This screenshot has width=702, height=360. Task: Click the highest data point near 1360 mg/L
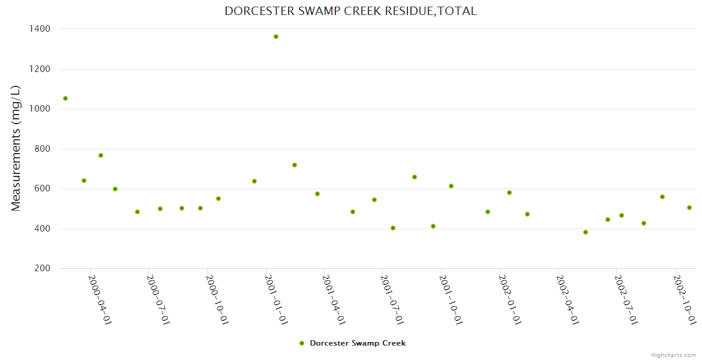(x=276, y=37)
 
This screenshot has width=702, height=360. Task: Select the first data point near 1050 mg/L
(x=65, y=98)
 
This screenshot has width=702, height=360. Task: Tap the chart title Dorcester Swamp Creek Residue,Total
(x=350, y=11)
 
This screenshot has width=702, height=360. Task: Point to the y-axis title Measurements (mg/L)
(x=16, y=148)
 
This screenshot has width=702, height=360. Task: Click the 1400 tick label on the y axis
(x=39, y=29)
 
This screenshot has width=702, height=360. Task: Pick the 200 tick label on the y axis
(x=42, y=268)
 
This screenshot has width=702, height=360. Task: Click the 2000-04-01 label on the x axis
(x=100, y=299)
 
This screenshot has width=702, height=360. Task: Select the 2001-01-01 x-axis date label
(x=276, y=299)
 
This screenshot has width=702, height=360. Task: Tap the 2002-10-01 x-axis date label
(x=685, y=299)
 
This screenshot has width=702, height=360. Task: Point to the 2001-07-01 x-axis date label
(x=393, y=299)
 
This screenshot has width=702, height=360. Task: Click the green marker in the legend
(x=302, y=343)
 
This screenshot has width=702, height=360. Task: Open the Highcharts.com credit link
(x=673, y=355)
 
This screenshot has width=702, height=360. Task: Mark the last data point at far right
(x=689, y=208)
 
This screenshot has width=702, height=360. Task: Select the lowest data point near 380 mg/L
(x=586, y=232)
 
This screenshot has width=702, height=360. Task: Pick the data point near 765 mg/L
(x=101, y=155)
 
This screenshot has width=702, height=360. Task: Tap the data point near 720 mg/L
(x=295, y=165)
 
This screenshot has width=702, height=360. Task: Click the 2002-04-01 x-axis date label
(x=568, y=299)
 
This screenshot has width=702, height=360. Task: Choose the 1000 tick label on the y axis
(x=39, y=109)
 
